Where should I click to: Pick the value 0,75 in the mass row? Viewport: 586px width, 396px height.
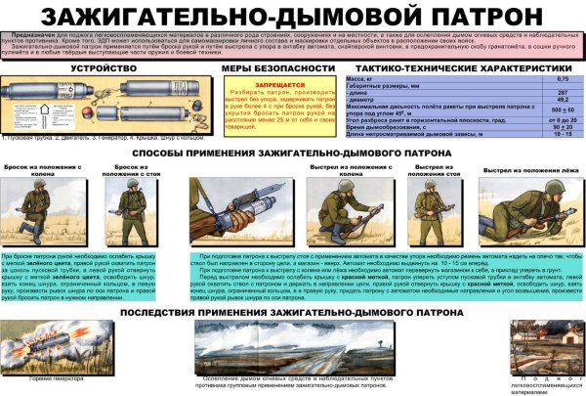(x=563, y=78)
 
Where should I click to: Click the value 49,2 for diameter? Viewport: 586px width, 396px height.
(x=563, y=100)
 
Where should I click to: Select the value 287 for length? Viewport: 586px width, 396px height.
(x=563, y=93)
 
